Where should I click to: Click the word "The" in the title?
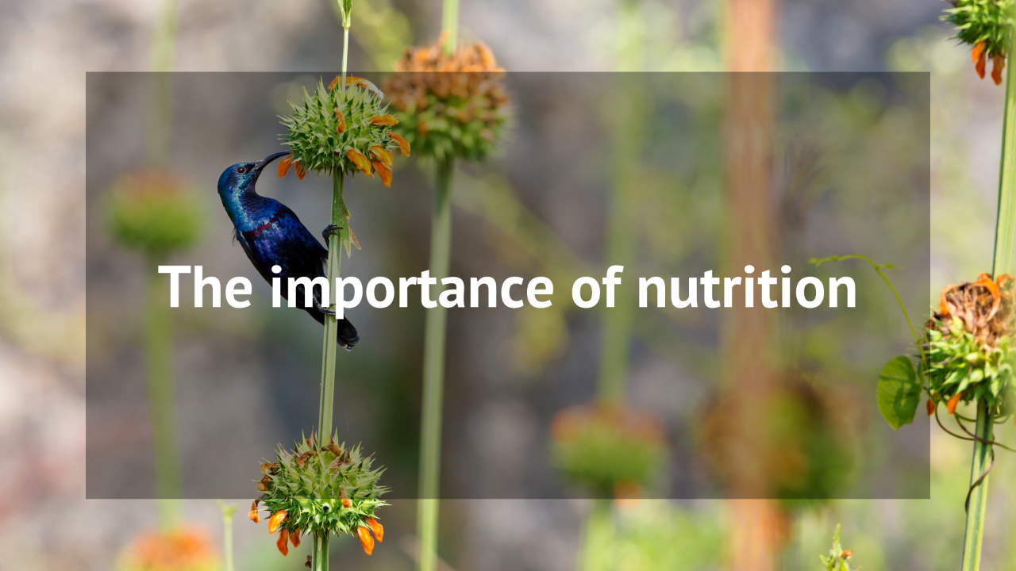pyautogui.click(x=205, y=286)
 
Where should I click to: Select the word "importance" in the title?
pyautogui.click(x=412, y=290)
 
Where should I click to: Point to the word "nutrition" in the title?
pyautogui.click(x=747, y=286)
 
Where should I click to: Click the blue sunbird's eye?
pyautogui.click(x=241, y=170)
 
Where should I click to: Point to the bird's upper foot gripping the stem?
pyautogui.click(x=331, y=231)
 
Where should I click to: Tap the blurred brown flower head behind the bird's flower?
pyautogui.click(x=448, y=100)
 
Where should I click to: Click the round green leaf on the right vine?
pyautogui.click(x=899, y=392)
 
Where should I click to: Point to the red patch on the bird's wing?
pyautogui.click(x=265, y=225)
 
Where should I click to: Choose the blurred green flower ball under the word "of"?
pyautogui.click(x=608, y=446)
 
